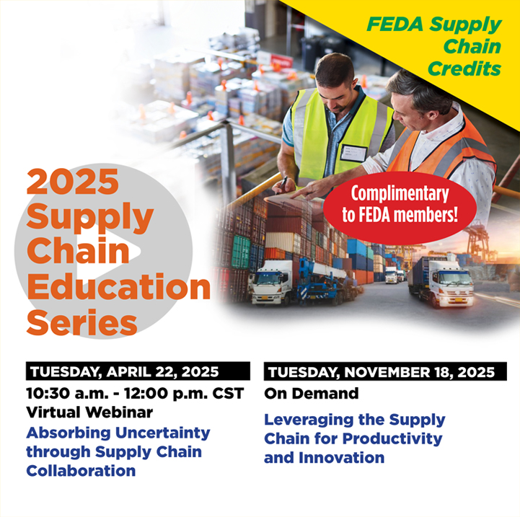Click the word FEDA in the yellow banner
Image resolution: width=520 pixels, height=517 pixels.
[395, 25]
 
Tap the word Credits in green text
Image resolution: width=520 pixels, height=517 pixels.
[464, 69]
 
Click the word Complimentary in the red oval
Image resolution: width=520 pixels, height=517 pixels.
[400, 194]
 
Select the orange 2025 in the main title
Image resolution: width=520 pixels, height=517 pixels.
[73, 181]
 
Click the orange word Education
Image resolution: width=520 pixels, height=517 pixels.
[118, 286]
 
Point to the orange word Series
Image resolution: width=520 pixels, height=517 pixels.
[81, 322]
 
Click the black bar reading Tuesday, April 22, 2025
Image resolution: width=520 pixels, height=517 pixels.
[138, 371]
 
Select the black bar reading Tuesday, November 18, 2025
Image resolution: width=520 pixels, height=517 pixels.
[385, 372]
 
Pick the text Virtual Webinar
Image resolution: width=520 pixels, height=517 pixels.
[89, 412]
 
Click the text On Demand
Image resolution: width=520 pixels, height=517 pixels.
[312, 394]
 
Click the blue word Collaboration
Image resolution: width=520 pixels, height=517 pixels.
[81, 471]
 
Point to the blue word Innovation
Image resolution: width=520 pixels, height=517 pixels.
[342, 458]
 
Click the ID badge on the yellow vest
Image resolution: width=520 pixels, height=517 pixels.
[353, 153]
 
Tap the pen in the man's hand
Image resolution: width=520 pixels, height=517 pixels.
[282, 184]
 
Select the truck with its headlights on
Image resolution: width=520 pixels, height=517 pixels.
[441, 281]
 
